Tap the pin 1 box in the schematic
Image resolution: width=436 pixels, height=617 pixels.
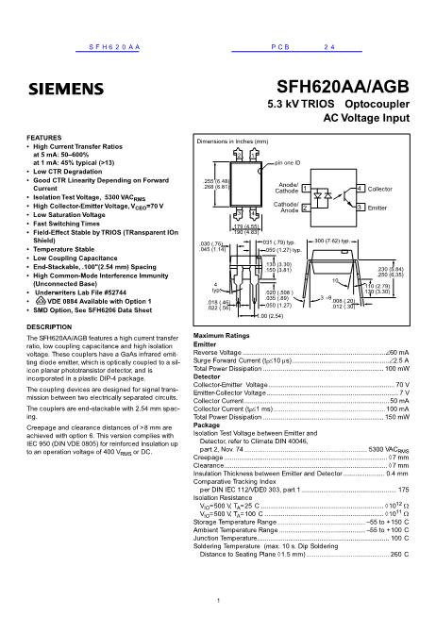pos(306,190)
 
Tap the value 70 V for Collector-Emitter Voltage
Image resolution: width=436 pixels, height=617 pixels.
pos(402,386)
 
